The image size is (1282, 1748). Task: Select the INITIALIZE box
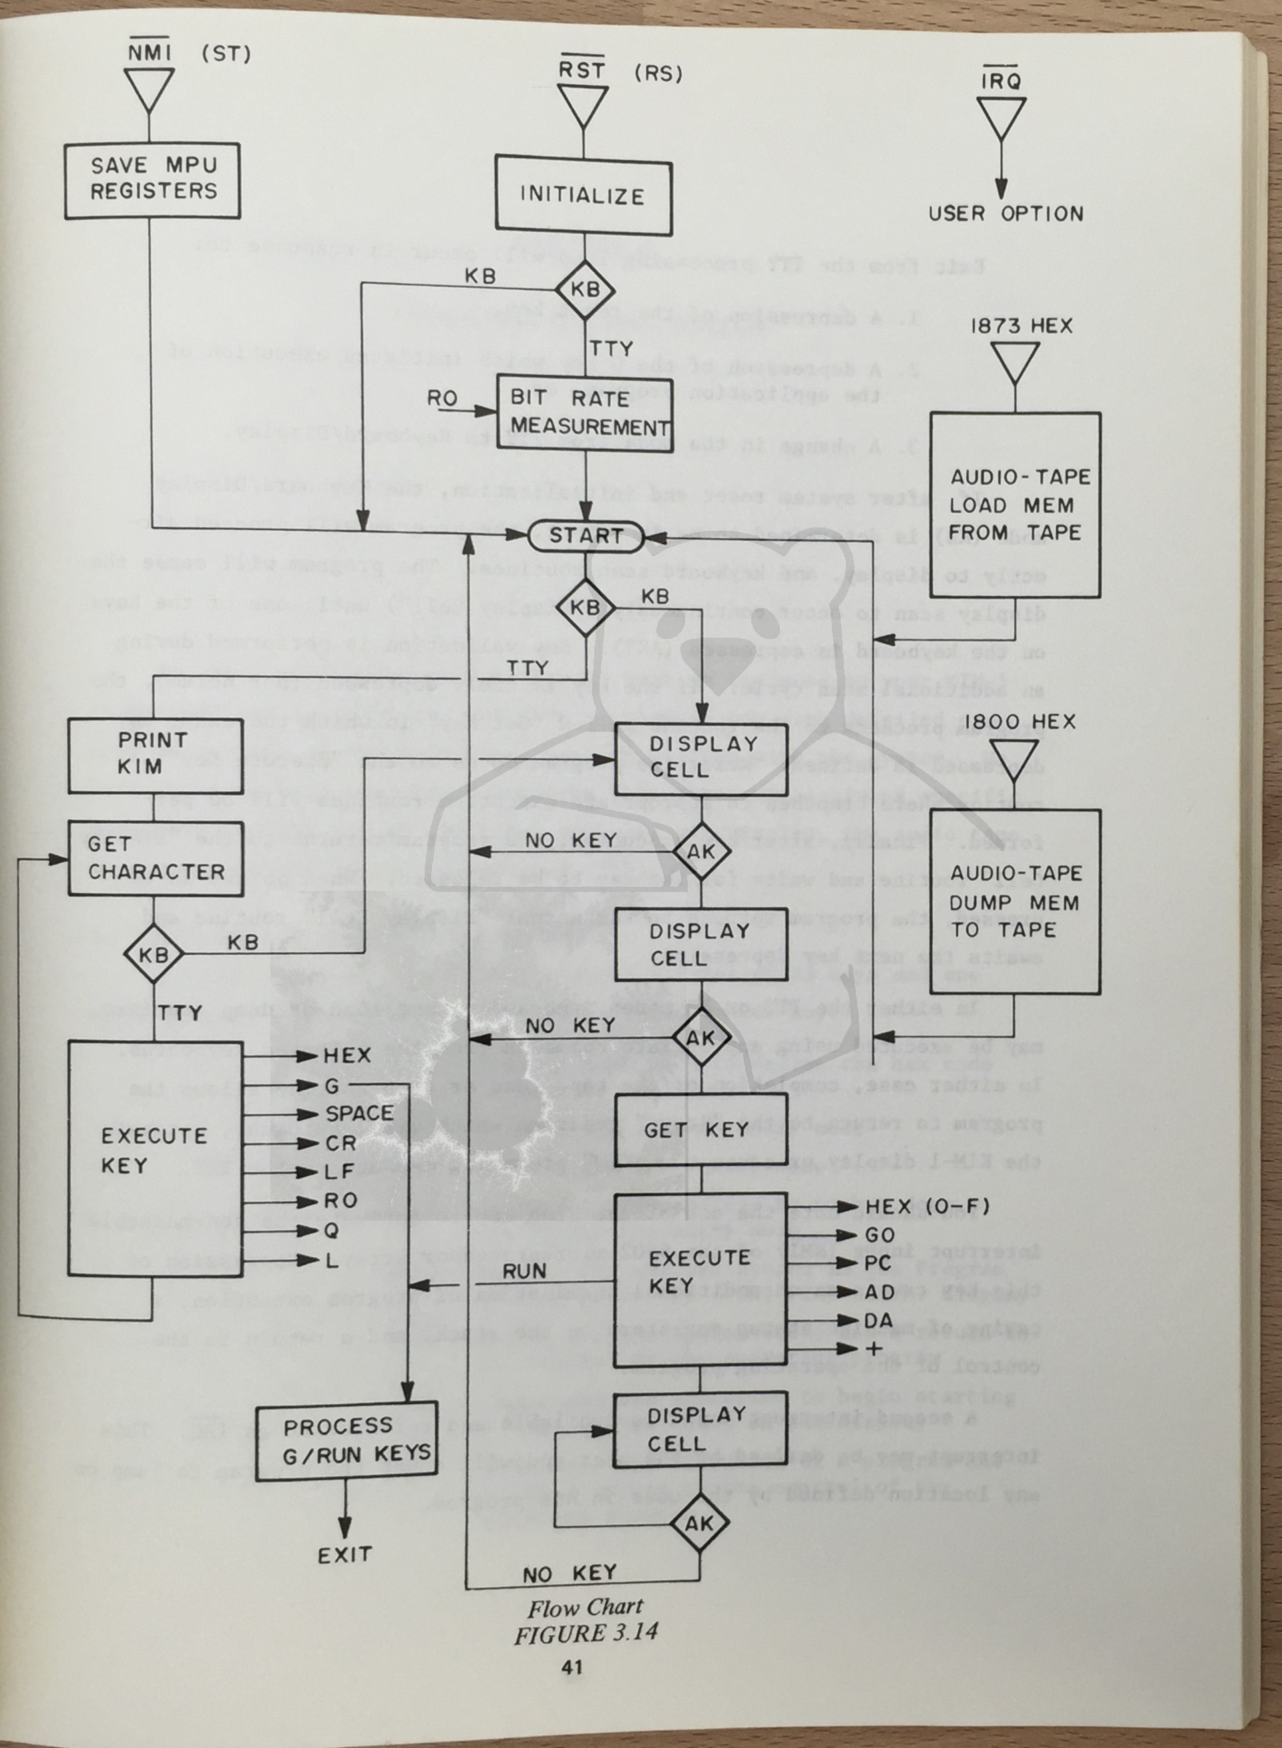click(583, 196)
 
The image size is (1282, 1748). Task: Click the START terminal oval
click(586, 535)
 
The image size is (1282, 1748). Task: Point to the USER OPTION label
click(1005, 214)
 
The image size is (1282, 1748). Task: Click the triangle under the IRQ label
click(1001, 116)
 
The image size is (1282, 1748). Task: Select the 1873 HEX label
click(1021, 326)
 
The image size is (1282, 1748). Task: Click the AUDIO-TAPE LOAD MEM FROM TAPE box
click(1015, 504)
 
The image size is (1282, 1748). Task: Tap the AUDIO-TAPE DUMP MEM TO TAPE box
click(1015, 901)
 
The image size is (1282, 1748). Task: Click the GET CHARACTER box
click(154, 858)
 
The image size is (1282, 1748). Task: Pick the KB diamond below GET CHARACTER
click(153, 954)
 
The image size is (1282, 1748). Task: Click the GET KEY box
click(699, 1130)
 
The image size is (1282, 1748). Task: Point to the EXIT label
click(345, 1554)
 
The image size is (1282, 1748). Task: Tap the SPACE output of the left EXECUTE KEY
click(359, 1113)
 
